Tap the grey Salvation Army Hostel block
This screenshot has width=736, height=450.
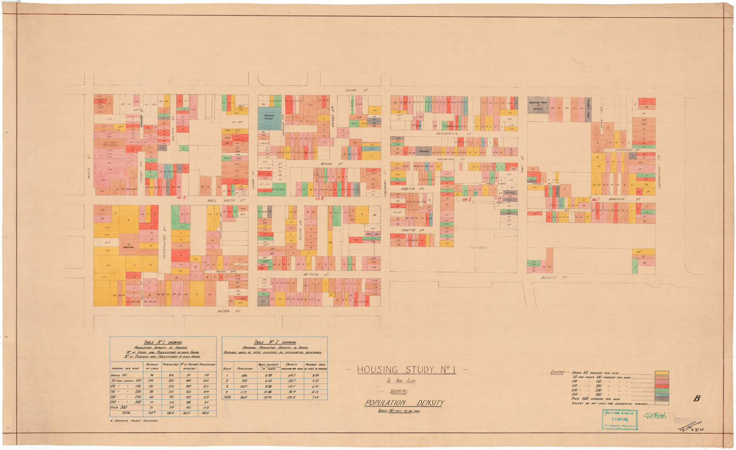538,105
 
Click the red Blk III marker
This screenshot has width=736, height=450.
319,198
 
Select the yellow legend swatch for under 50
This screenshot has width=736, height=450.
662,373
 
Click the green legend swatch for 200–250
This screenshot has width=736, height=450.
662,390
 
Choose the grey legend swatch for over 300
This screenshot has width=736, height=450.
662,399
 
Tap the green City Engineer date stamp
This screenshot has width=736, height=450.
619,420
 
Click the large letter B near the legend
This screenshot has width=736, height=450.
696,399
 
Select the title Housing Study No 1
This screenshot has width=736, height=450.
406,370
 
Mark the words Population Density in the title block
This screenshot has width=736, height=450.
404,403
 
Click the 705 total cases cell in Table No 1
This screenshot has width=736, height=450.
151,413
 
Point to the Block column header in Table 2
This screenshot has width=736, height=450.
227,368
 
